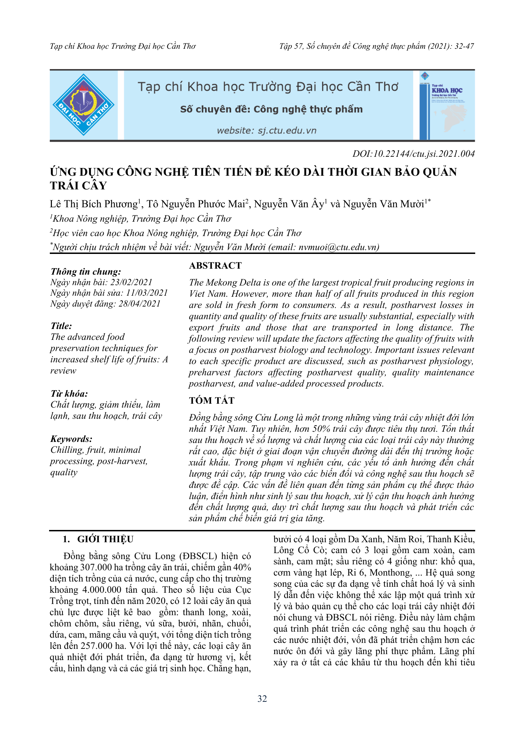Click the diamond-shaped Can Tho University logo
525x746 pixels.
(x=83, y=105)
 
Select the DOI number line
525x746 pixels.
(x=413, y=154)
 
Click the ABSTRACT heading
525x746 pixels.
(x=215, y=266)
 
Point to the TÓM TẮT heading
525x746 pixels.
(x=212, y=401)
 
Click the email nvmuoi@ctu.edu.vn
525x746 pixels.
(x=338, y=247)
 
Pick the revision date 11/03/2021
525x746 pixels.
(x=147, y=293)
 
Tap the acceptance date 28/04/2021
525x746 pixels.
(x=139, y=304)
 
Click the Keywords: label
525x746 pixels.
(x=72, y=439)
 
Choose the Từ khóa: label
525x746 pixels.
(x=69, y=394)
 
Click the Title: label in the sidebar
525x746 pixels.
(x=61, y=326)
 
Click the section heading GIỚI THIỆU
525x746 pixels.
(x=105, y=539)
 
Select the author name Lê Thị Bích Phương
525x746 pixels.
(x=94, y=204)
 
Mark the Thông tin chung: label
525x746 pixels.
(x=86, y=271)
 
